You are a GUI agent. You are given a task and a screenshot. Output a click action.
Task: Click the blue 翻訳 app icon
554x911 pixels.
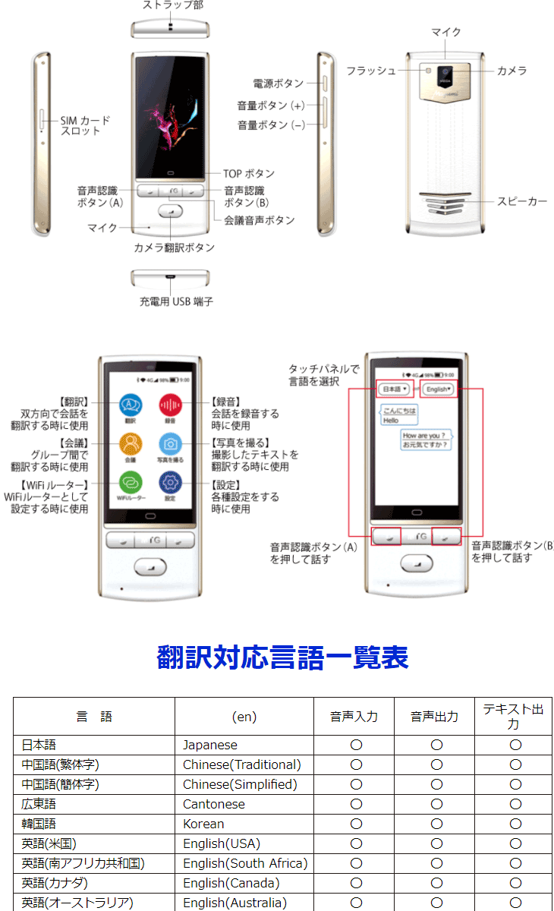point(131,405)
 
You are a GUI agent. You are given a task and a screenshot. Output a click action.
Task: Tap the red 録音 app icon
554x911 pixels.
point(170,405)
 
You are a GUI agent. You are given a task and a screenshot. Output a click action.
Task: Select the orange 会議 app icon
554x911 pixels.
point(131,444)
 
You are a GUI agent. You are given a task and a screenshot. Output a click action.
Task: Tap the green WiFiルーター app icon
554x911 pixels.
point(131,483)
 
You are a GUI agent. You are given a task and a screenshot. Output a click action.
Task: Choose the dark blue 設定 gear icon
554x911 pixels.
point(170,483)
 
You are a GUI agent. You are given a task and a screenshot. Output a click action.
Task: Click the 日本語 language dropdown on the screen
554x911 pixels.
point(395,389)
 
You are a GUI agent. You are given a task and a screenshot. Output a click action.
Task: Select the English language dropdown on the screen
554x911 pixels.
point(439,389)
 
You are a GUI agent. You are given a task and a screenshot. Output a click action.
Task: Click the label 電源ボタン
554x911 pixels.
point(278,84)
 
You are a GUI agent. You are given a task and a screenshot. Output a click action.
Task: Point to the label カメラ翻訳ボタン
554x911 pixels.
point(174,247)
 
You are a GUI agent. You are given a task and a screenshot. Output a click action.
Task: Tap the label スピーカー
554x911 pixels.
point(522,201)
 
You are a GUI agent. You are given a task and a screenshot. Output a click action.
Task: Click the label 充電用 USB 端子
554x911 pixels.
point(176,301)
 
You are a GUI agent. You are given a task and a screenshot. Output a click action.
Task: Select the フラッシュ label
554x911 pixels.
point(370,71)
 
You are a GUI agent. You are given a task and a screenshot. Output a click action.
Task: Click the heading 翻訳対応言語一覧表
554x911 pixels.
point(282,657)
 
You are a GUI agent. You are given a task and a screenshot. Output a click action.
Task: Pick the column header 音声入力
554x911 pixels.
point(354,717)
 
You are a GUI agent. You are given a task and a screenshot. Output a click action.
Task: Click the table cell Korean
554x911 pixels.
point(203,824)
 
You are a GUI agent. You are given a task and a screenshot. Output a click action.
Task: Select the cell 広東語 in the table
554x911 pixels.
point(39,804)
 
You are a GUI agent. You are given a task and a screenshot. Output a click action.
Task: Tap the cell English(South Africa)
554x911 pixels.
point(244,863)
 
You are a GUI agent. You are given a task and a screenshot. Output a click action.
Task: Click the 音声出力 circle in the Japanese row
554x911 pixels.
point(436,745)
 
